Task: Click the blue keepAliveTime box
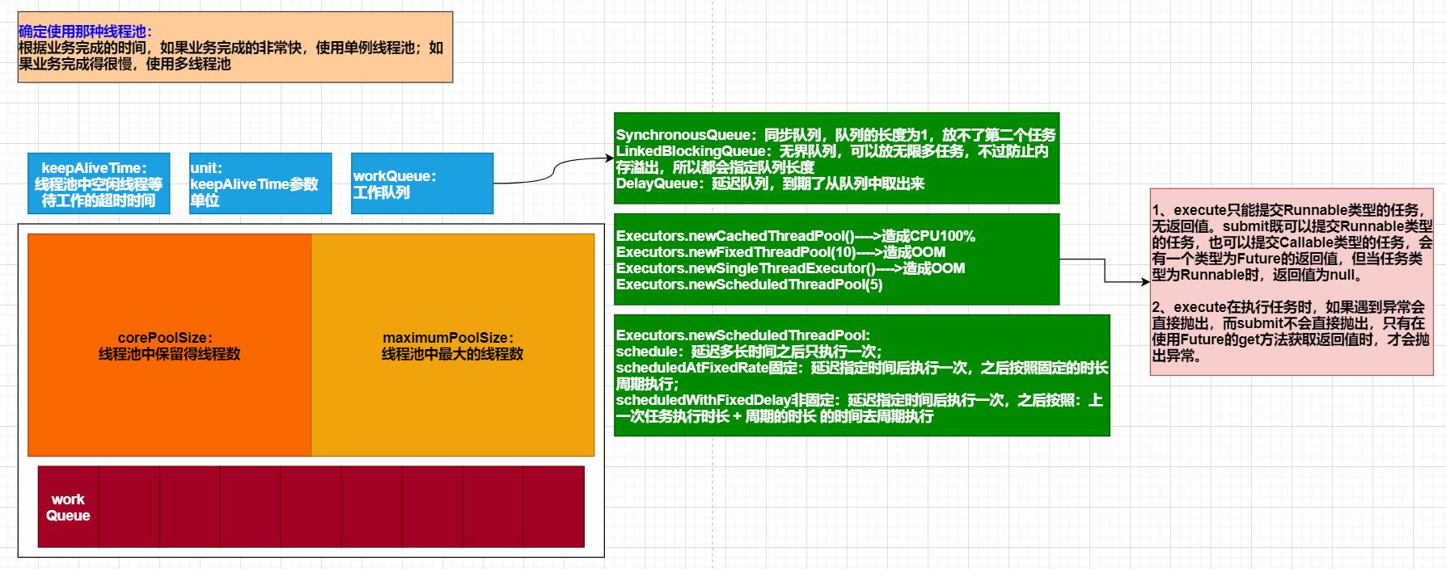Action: [x=99, y=183]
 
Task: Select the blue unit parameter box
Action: [x=260, y=183]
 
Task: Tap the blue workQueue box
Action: [x=421, y=183]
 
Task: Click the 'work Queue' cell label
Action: [x=68, y=508]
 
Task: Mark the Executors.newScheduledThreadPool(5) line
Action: [x=749, y=284]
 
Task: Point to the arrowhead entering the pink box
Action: [x=1145, y=282]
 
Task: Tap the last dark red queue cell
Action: [x=554, y=507]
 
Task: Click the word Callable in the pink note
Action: [x=1300, y=242]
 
